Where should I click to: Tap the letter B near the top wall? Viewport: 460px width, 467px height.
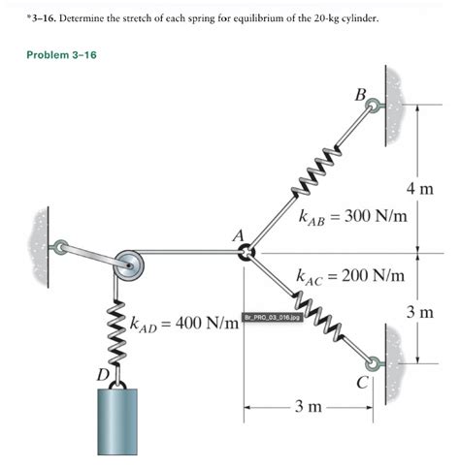360,95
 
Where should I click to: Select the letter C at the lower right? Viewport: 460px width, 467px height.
362,383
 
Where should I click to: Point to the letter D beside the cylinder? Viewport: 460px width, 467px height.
103,375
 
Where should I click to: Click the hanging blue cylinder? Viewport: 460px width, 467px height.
117,421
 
